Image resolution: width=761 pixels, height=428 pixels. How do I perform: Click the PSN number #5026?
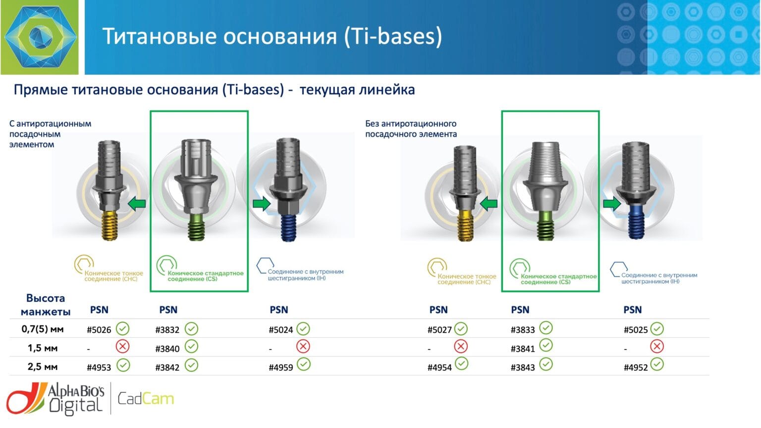click(99, 330)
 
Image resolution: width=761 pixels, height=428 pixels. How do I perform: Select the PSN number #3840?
click(167, 349)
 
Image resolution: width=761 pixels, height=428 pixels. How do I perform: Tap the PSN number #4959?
click(280, 368)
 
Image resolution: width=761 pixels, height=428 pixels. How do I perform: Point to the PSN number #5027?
click(439, 330)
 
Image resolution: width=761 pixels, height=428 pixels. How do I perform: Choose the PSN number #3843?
click(523, 368)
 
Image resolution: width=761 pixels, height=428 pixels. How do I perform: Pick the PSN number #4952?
click(636, 368)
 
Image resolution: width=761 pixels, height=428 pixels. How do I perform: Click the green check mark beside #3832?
click(192, 329)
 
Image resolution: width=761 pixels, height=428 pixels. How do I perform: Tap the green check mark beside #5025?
click(657, 328)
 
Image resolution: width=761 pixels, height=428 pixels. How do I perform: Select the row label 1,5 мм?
click(43, 348)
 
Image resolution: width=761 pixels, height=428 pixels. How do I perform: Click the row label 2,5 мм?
click(43, 367)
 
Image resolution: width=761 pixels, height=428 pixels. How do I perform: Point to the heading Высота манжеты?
click(46, 305)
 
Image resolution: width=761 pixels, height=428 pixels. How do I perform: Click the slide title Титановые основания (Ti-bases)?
click(272, 36)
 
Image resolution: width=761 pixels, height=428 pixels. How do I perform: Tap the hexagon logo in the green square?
click(41, 37)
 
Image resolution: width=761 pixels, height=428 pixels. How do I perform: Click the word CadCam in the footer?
click(146, 399)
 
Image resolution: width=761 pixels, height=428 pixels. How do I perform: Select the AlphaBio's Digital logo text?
click(76, 399)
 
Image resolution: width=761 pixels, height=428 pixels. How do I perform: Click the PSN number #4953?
click(99, 368)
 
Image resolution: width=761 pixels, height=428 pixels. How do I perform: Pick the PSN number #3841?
click(523, 349)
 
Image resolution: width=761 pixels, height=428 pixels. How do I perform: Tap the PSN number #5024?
click(280, 330)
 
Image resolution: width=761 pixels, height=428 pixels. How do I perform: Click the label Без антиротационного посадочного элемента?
click(411, 129)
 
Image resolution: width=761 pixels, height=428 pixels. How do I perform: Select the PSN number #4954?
click(439, 368)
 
